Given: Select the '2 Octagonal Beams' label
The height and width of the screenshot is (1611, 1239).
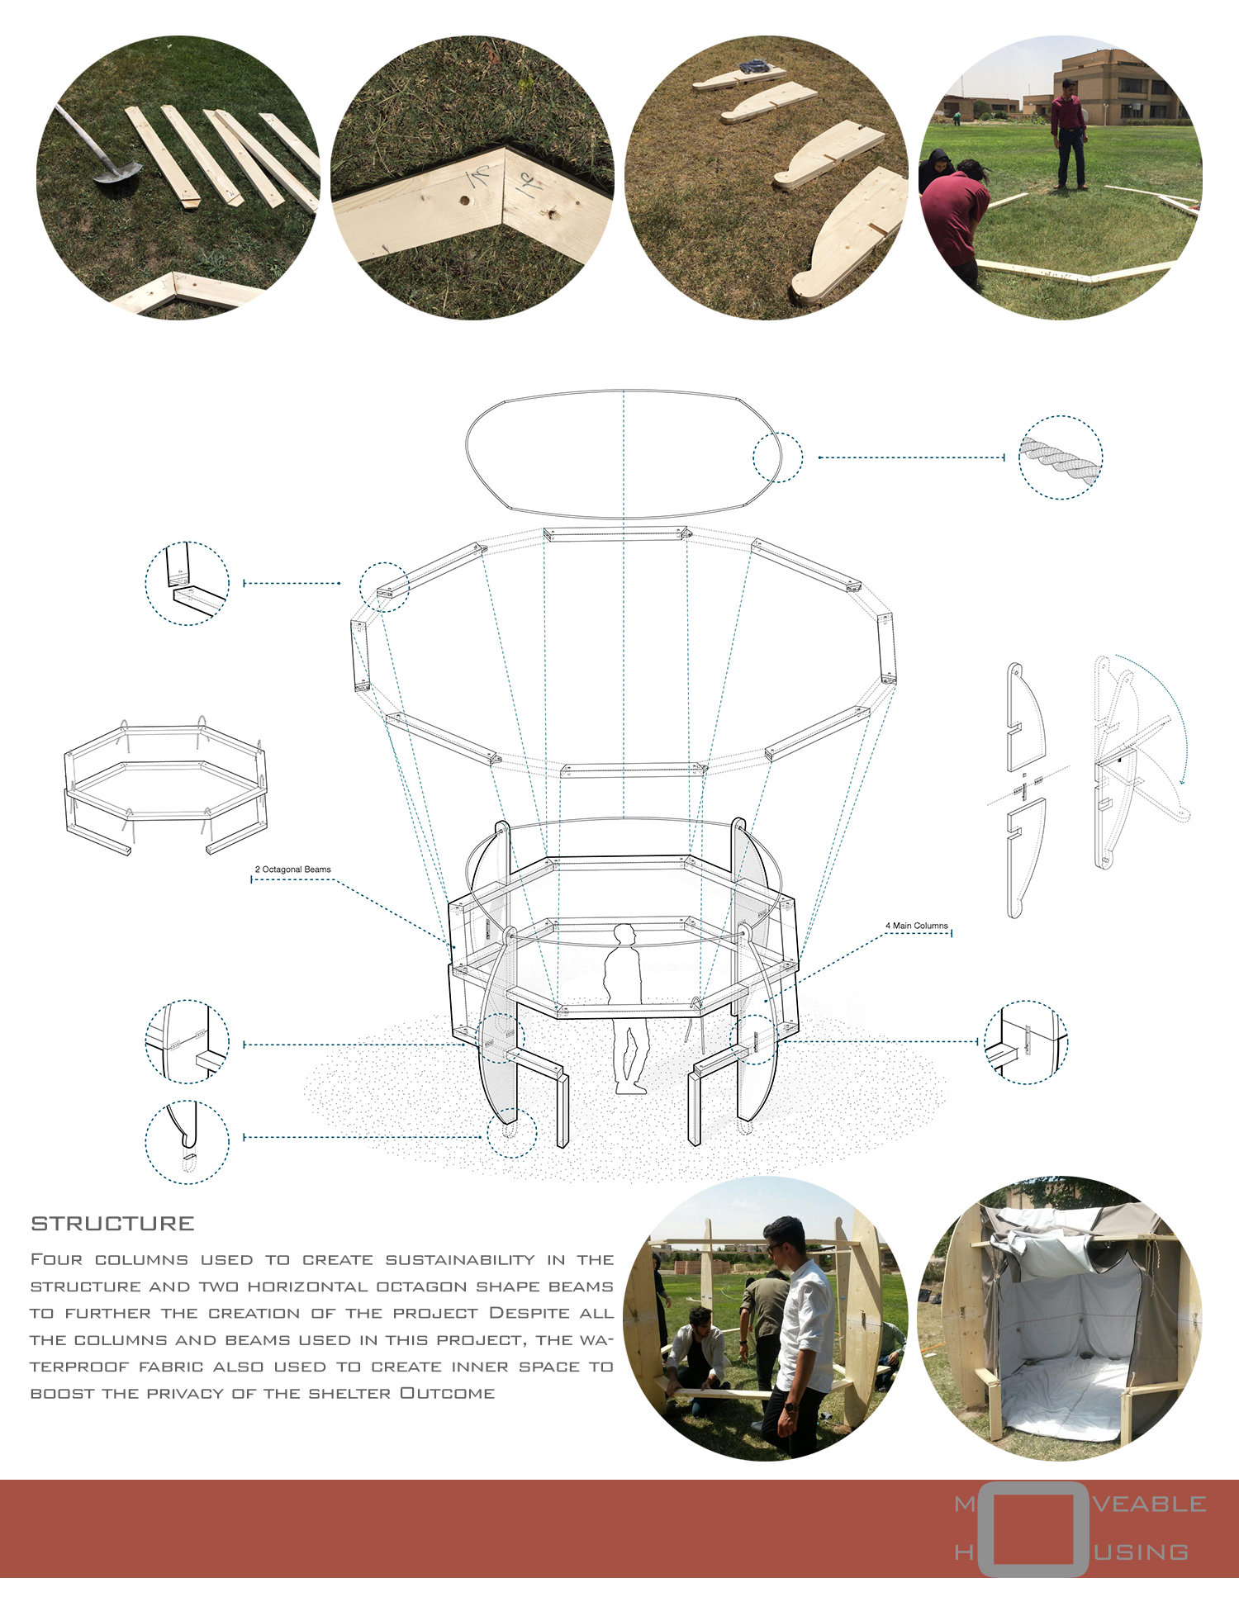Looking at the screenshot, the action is [x=292, y=869].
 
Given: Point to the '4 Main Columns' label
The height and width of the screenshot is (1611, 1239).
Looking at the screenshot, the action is [x=917, y=926].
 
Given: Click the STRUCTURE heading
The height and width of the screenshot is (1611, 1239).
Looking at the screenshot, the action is [x=112, y=1224].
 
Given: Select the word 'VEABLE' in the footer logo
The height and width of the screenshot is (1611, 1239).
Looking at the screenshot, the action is [x=1150, y=1504].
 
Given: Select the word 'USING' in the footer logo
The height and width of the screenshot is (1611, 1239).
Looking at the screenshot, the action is [x=1142, y=1552].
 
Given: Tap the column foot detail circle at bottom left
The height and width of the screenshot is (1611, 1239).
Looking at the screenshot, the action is [x=188, y=1142].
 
